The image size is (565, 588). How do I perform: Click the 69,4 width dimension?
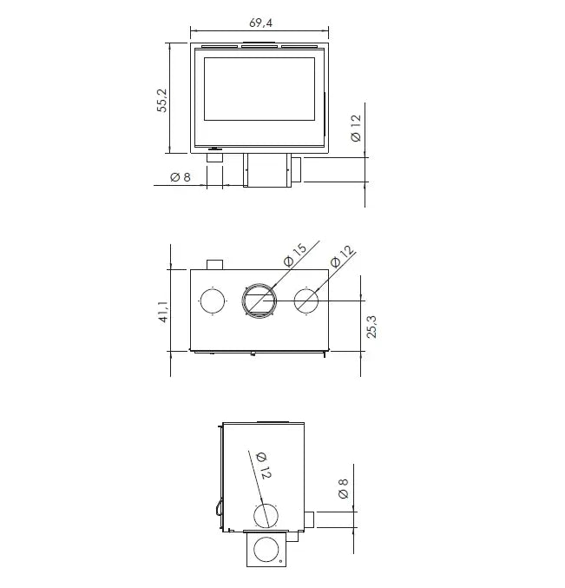260,23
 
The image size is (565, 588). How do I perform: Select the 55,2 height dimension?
162,100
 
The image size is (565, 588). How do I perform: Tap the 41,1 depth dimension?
163,312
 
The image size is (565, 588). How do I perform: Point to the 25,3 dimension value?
371,327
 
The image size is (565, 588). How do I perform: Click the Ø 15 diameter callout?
295,255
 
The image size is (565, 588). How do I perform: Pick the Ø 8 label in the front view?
181,176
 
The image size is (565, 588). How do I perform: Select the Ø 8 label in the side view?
343,489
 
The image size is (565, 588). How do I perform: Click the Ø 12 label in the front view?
356,128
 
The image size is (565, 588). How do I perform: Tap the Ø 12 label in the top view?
343,256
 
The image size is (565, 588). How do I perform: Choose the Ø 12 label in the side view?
264,466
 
